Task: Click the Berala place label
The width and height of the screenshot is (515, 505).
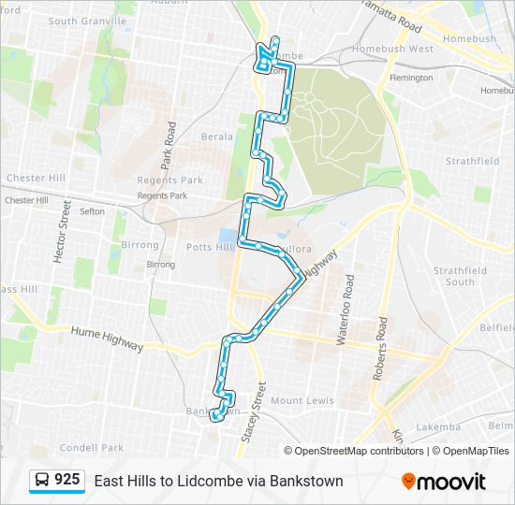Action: tap(217, 137)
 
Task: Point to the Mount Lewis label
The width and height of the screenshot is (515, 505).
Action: tap(302, 400)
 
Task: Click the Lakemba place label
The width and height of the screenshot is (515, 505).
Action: tap(438, 427)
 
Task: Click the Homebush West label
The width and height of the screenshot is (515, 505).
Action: tap(392, 49)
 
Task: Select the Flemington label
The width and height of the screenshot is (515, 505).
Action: tap(411, 78)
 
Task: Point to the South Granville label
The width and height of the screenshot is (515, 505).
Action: tap(87, 21)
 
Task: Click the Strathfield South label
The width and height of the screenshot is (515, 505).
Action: tap(460, 276)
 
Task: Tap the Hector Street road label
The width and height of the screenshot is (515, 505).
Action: tap(62, 231)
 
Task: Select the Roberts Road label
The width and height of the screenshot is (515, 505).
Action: tap(380, 347)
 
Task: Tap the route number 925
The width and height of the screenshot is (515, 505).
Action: tap(66, 480)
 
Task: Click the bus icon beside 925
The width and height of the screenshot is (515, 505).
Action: tap(42, 481)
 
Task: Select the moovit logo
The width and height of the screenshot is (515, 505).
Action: tap(444, 482)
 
